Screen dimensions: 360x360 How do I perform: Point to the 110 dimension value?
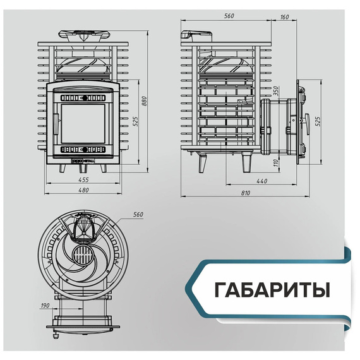pyautogui.click(x=276, y=162)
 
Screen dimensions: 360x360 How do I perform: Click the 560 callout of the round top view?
pyautogui.click(x=138, y=215)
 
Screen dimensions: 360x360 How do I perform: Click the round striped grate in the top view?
pyautogui.click(x=83, y=258)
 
